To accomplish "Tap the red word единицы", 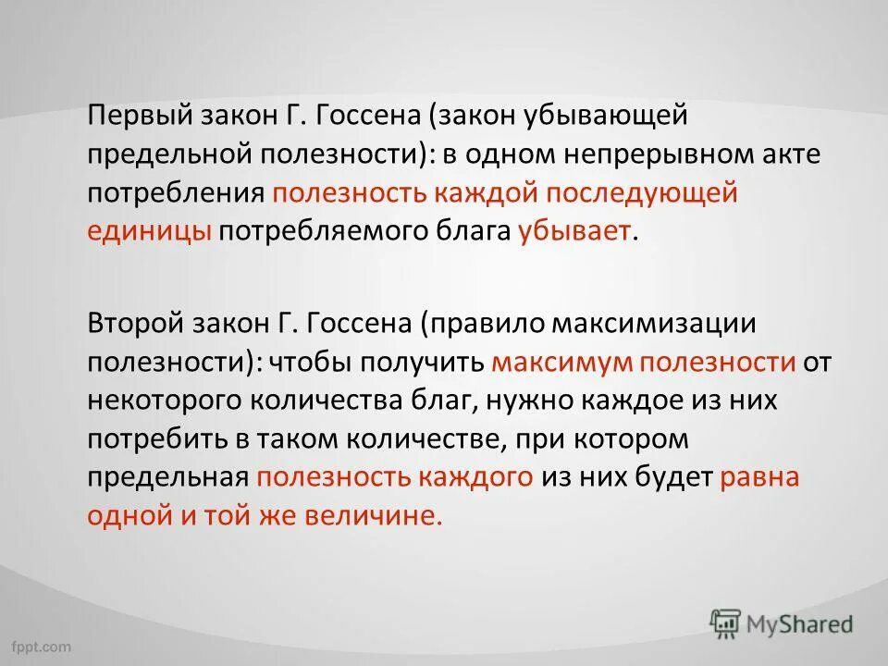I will pos(150,230).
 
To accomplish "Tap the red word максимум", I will pos(548,362).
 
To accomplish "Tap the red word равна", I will pos(759,476).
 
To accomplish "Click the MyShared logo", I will pos(782,623).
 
